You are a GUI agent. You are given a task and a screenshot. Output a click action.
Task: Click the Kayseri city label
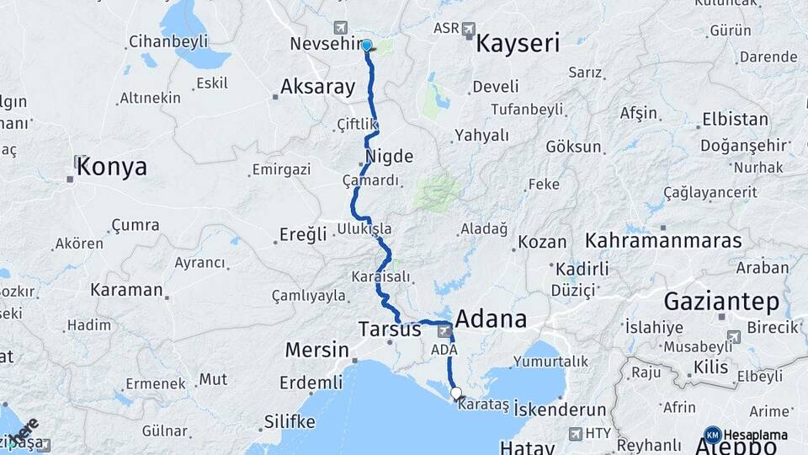point(518,45)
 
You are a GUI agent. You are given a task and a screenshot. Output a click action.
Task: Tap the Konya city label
point(111,167)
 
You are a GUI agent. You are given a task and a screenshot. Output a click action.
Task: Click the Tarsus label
point(389,329)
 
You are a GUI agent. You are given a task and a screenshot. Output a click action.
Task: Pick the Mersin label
point(316,349)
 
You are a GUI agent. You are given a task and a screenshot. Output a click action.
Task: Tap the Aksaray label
point(317,86)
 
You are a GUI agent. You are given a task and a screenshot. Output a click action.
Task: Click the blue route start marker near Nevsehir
point(366,45)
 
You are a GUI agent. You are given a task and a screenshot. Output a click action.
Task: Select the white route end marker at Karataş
point(456,393)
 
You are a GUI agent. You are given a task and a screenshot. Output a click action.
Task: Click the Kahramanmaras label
point(664,241)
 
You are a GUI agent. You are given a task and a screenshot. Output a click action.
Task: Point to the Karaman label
point(126,290)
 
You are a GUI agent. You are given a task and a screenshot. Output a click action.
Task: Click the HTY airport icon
point(576,434)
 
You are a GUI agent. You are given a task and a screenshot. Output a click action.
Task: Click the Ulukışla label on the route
point(364,229)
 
